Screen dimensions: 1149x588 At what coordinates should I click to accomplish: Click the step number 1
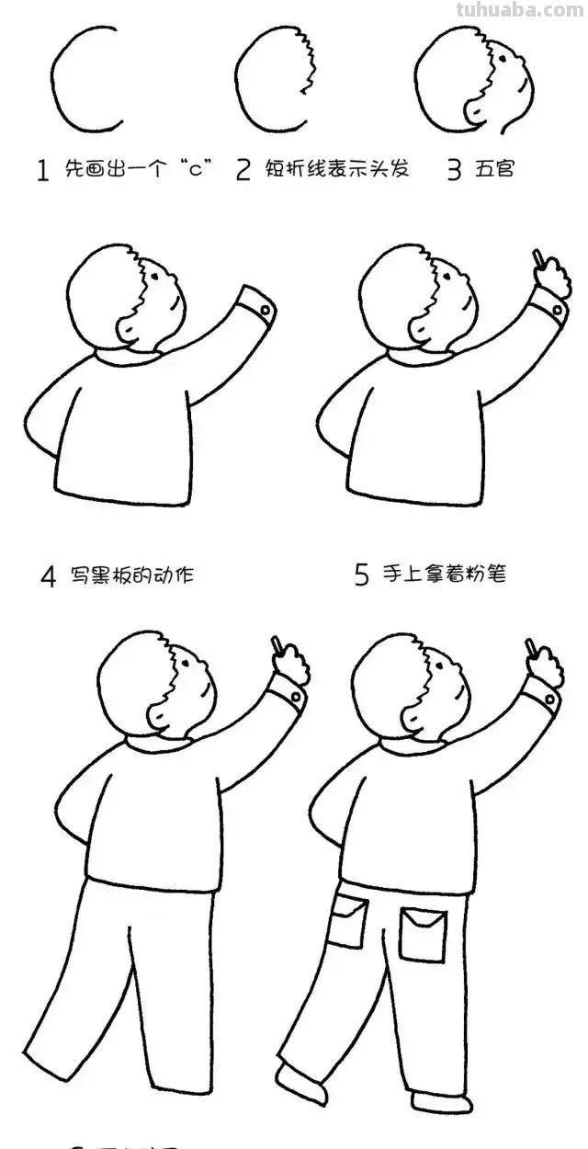[42, 171]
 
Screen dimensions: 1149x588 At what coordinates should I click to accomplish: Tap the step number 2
[243, 170]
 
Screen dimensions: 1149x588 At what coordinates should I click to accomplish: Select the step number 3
[453, 171]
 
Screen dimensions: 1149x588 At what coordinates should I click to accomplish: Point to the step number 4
[48, 577]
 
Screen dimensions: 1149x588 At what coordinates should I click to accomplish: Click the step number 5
[362, 575]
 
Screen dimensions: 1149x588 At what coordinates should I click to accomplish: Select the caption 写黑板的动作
[130, 576]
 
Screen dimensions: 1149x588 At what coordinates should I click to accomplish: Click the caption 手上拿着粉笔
[445, 574]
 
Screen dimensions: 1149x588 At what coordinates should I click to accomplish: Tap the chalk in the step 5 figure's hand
[537, 257]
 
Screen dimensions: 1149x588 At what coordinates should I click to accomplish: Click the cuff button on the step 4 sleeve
[265, 311]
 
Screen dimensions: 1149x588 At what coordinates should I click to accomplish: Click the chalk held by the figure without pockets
[276, 643]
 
